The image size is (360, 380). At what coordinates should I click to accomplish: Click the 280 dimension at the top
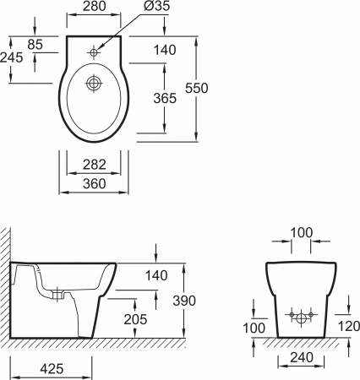[x=94, y=6]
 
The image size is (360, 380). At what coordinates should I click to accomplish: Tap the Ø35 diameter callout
[x=157, y=6]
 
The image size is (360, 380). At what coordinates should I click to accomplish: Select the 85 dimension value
[x=35, y=45]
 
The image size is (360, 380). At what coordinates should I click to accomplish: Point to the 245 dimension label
[x=11, y=57]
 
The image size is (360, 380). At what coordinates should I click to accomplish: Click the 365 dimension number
[x=165, y=98]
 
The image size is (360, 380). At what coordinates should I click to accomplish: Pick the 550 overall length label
[x=197, y=88]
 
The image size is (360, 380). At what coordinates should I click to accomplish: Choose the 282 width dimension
[x=95, y=165]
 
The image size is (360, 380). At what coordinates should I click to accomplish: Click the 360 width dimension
[x=95, y=184]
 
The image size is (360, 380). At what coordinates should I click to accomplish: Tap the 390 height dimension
[x=184, y=301]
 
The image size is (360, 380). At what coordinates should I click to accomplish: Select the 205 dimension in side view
[x=135, y=319]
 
